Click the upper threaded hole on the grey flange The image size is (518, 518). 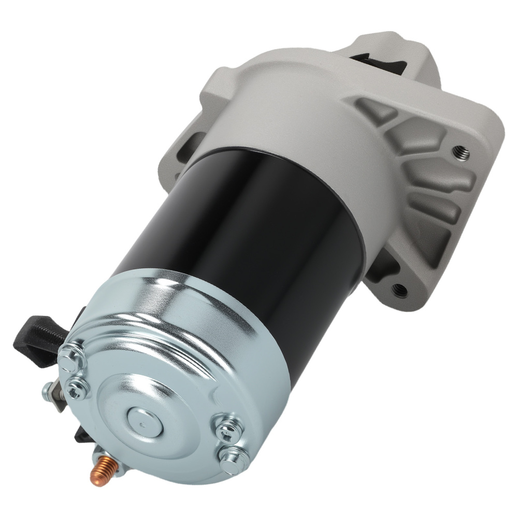coord(458,151)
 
